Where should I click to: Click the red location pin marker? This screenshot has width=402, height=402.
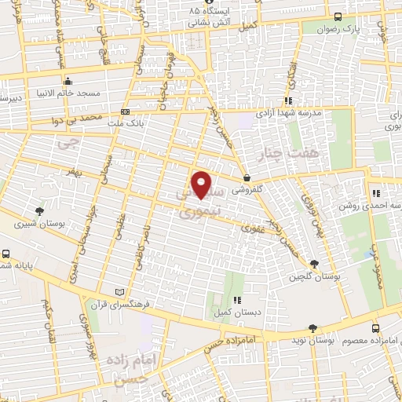click(202, 185)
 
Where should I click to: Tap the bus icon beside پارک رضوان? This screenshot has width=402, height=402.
click(338, 16)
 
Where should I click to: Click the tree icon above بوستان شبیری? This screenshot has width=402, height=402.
click(39, 210)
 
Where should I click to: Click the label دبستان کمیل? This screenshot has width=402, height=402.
click(234, 312)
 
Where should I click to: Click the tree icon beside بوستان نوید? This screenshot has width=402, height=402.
click(314, 328)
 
